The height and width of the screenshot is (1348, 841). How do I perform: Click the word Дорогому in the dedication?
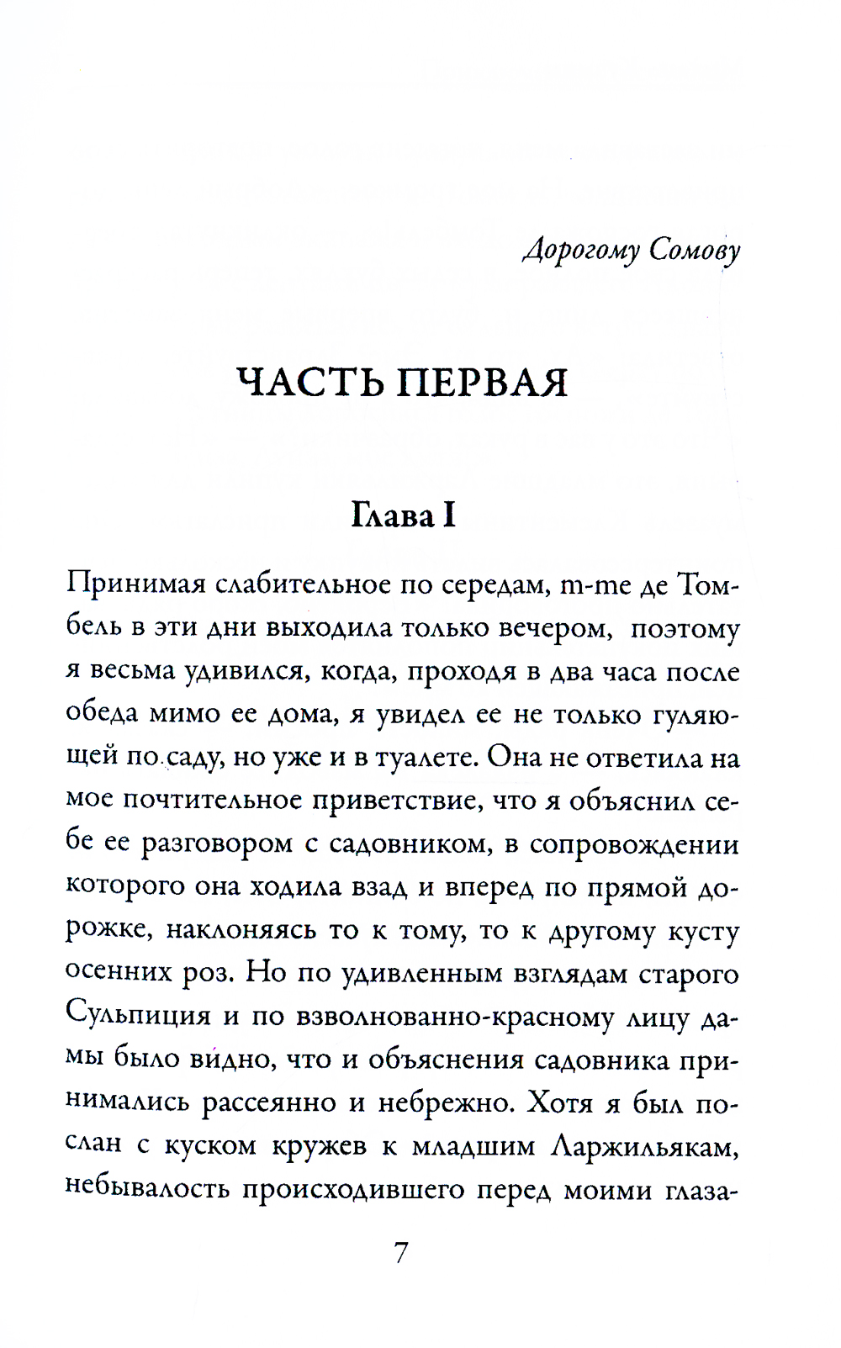[582, 251]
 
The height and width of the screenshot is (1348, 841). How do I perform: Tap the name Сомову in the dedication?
[695, 251]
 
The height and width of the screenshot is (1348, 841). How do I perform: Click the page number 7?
[401, 1254]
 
